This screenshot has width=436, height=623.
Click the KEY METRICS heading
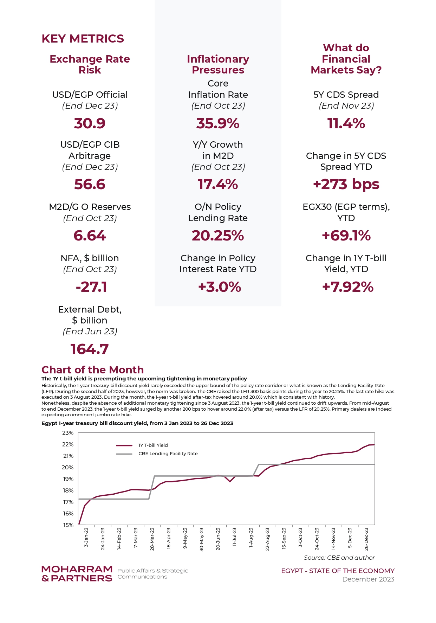pos(83,39)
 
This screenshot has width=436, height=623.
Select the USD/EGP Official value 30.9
pos(90,123)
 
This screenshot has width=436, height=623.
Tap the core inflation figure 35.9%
pos(218,123)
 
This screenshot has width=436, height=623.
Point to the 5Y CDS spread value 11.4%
pos(346,123)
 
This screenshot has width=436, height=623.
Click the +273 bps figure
pos(346,184)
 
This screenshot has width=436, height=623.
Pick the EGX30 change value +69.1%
pos(346,236)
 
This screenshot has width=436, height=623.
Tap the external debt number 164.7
pos(90,349)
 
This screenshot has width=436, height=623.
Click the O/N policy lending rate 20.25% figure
pos(218,236)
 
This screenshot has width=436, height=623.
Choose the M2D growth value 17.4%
pos(218,184)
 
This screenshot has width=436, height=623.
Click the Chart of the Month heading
pos(93,370)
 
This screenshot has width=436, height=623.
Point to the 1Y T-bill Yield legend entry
pos(142,445)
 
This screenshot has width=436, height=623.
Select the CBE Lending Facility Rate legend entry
pos(157,454)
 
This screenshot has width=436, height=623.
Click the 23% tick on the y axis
pos(68,433)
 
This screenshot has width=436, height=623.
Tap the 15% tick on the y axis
pos(68,525)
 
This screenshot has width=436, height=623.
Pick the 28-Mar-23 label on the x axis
pos(152,539)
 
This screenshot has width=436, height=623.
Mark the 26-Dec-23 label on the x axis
pos(366,539)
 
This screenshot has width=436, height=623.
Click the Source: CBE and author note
pos(339,558)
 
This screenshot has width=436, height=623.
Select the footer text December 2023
pos(368,579)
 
